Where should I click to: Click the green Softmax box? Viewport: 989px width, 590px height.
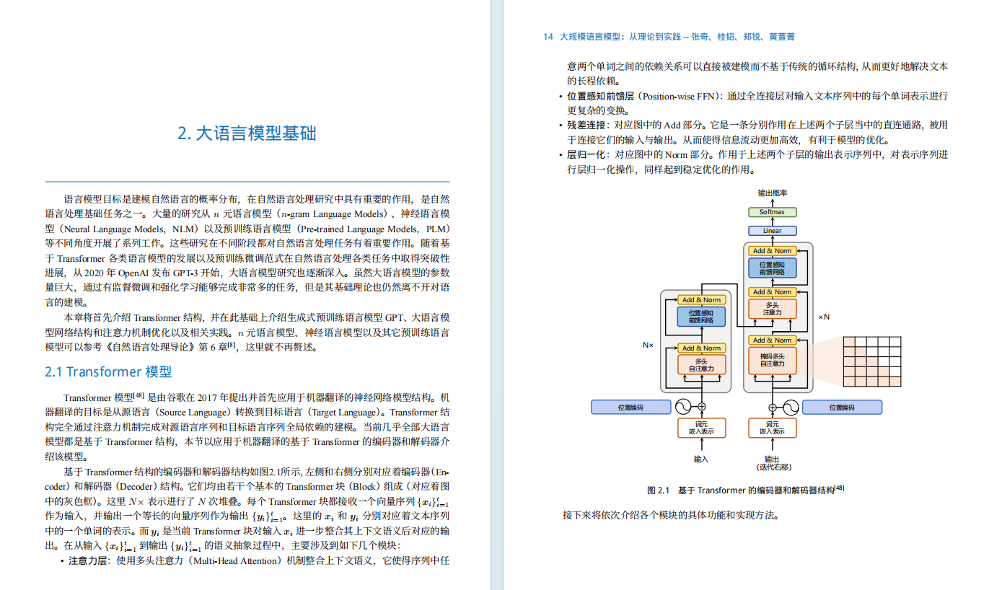coord(771,212)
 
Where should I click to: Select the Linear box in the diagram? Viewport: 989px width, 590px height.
coord(771,231)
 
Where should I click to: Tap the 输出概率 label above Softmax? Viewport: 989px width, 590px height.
coord(772,193)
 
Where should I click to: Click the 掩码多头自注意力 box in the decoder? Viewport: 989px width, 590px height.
coord(772,359)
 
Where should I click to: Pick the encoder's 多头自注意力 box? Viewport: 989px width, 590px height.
coord(701,365)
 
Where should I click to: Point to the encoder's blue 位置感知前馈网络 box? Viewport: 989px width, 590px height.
coord(701,317)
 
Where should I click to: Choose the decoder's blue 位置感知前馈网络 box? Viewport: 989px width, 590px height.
coord(772,268)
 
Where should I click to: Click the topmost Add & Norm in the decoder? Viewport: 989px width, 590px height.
coord(772,251)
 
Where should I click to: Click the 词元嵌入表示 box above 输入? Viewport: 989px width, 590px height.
coord(701,428)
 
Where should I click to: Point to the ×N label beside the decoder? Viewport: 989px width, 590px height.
coord(824,317)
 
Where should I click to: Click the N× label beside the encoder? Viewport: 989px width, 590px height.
coord(648,345)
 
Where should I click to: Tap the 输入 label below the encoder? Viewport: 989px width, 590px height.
coord(701,459)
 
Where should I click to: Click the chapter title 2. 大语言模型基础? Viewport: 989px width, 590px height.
coord(247,133)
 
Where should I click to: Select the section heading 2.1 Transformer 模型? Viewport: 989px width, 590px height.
coord(108,372)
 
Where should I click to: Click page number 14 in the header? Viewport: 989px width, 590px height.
coord(548,37)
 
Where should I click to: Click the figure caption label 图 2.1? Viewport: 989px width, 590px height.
coord(659,490)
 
